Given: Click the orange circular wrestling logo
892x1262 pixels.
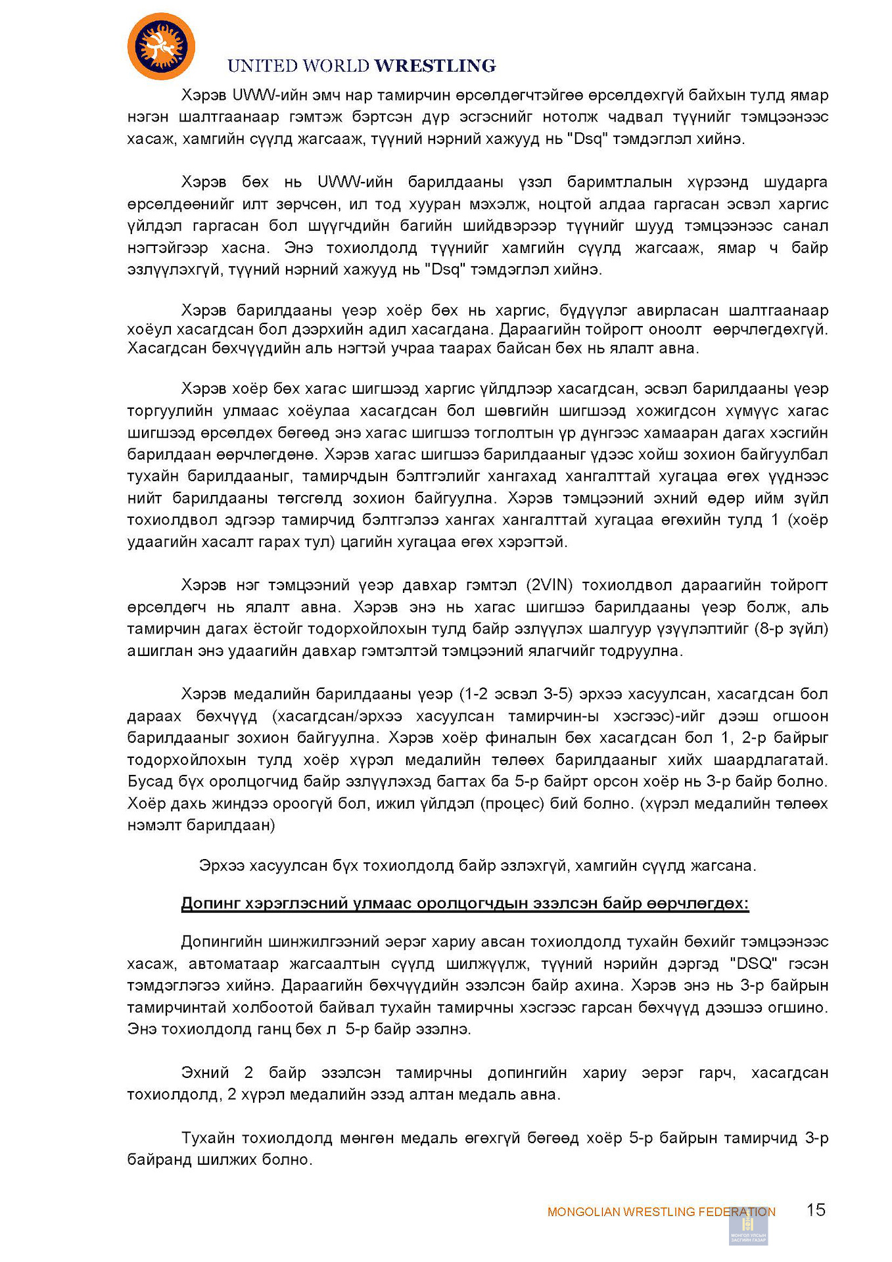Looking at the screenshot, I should point(161,47).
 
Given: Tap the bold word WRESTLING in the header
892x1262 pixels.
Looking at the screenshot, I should point(434,66).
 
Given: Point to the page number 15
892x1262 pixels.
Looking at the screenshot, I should point(816,1210).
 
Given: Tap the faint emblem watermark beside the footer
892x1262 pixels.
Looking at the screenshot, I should point(748,1227).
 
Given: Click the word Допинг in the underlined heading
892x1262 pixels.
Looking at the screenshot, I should point(210,903).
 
